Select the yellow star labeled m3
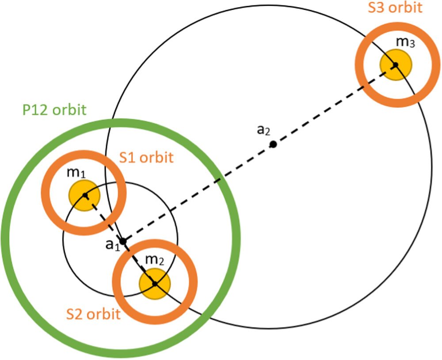(396, 65)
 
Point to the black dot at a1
(123, 241)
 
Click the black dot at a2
(273, 144)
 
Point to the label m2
(154, 260)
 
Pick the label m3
(404, 42)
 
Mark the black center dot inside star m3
(396, 65)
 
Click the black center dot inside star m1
(85, 195)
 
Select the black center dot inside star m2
(155, 283)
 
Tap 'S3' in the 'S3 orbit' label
(376, 8)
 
